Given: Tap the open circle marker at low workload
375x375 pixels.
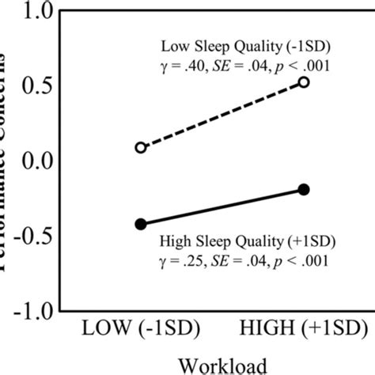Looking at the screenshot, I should pos(141,147).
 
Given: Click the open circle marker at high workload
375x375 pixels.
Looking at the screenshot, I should pos(304,82).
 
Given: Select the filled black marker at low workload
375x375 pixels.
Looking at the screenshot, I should pos(141,224).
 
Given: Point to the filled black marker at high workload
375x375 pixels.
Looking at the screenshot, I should pos(304,190).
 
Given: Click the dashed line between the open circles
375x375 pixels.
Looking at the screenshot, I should pos(222,115).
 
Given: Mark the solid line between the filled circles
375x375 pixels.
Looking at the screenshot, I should pos(222,207).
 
